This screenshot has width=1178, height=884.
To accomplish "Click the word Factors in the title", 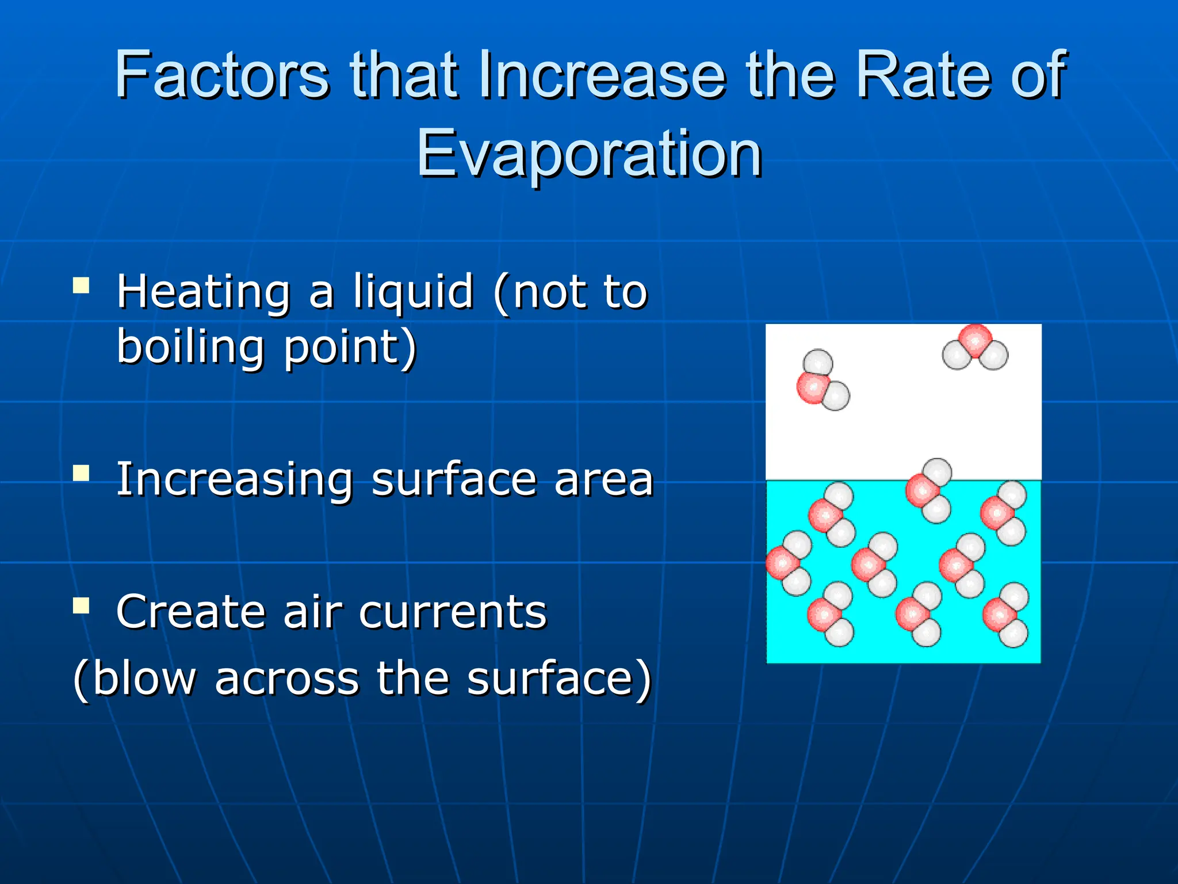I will tap(222, 75).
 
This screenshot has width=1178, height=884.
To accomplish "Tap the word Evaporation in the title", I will tap(589, 154).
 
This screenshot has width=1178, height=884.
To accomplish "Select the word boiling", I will tap(190, 348).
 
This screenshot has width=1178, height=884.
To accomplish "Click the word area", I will tap(604, 480).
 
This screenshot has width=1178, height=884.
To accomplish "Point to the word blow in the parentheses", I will tap(144, 679).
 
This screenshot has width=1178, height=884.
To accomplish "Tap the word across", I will tap(287, 679).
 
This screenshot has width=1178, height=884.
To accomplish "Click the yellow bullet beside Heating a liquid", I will tap(82, 285).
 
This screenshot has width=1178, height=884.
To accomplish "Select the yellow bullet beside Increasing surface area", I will tap(82, 473).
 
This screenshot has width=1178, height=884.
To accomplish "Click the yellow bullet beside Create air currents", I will tap(82, 605).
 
